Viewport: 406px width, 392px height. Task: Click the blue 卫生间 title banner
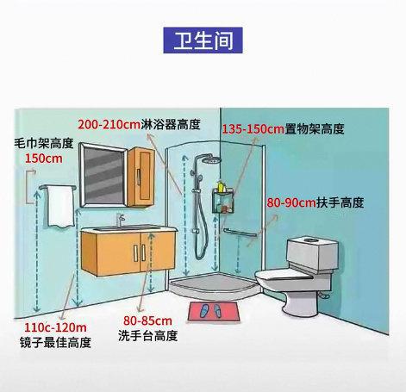click(x=203, y=40)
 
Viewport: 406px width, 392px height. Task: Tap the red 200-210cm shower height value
click(x=109, y=125)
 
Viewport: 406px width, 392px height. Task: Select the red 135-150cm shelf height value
click(x=253, y=129)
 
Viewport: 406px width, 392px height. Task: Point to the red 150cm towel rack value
click(x=44, y=159)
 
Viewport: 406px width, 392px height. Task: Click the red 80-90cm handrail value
click(x=291, y=202)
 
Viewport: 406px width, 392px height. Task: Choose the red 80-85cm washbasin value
click(x=147, y=320)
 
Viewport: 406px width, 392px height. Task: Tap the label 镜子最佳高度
click(x=55, y=342)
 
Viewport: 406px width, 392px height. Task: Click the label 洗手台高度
click(x=147, y=335)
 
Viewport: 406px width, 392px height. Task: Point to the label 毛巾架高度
click(x=44, y=143)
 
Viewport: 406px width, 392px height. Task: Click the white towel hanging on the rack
click(x=60, y=207)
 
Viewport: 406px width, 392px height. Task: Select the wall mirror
click(x=103, y=175)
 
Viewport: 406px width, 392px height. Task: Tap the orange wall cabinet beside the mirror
click(x=141, y=177)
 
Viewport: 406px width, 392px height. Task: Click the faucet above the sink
click(x=120, y=220)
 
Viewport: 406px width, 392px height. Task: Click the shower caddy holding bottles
click(x=223, y=200)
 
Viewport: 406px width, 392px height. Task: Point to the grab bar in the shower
click(x=240, y=233)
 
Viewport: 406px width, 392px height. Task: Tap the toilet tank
click(x=312, y=253)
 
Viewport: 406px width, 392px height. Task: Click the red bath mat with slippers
click(x=214, y=311)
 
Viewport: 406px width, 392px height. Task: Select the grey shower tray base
click(x=214, y=284)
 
